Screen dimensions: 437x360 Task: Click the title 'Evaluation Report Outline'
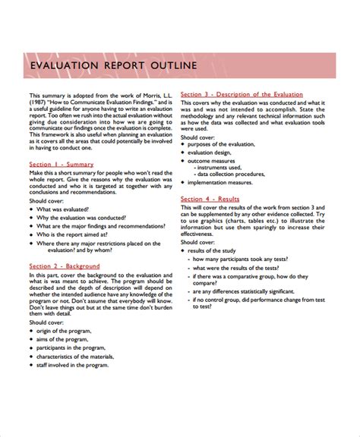(113, 66)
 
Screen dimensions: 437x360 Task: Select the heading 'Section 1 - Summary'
(62, 164)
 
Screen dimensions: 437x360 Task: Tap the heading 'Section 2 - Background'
(65, 266)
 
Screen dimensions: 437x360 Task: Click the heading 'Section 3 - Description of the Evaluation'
(242, 94)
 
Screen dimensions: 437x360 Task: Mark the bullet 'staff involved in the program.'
(78, 365)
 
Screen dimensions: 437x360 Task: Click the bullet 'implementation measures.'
(225, 182)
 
